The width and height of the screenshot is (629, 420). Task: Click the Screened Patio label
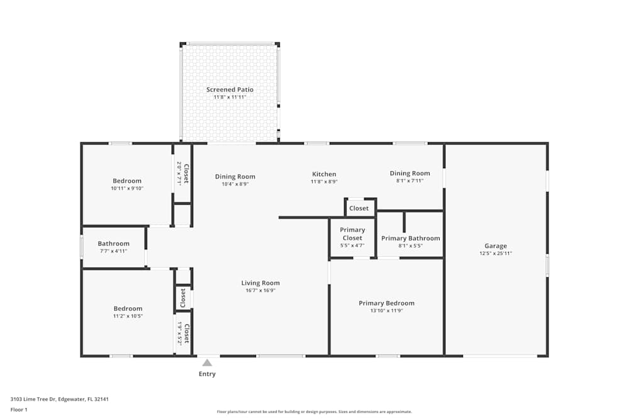pyautogui.click(x=230, y=89)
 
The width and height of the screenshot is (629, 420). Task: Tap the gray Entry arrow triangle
pyautogui.click(x=207, y=363)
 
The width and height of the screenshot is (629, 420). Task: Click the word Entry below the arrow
pyautogui.click(x=207, y=374)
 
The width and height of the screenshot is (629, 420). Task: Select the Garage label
pyautogui.click(x=496, y=246)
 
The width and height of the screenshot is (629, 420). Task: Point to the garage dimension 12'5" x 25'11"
pyautogui.click(x=496, y=253)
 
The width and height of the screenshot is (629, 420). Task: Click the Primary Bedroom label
pyautogui.click(x=386, y=303)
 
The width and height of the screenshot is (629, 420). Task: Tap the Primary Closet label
pyautogui.click(x=352, y=234)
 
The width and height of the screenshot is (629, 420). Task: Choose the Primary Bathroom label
pyautogui.click(x=410, y=238)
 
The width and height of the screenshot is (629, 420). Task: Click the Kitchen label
pyautogui.click(x=324, y=174)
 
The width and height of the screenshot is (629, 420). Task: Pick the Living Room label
pyautogui.click(x=260, y=283)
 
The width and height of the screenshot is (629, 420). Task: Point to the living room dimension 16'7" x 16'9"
pyautogui.click(x=260, y=290)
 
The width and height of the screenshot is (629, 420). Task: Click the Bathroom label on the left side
pyautogui.click(x=113, y=243)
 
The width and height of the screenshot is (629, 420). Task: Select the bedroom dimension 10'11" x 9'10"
pyautogui.click(x=127, y=188)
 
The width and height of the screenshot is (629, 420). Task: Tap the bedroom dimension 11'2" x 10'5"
pyautogui.click(x=128, y=316)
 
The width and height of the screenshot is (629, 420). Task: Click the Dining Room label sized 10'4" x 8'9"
pyautogui.click(x=235, y=176)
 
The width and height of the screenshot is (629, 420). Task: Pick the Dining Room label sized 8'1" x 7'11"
pyautogui.click(x=409, y=173)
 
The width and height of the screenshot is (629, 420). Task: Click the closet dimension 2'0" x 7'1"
pyautogui.click(x=179, y=173)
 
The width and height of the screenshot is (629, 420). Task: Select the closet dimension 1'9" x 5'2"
pyautogui.click(x=179, y=333)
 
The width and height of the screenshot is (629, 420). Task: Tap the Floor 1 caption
pyautogui.click(x=19, y=409)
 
